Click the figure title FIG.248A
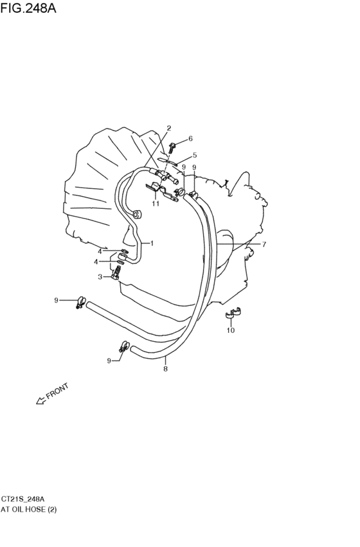point(28,8)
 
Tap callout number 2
point(169,128)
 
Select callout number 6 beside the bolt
point(190,138)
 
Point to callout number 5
point(195,155)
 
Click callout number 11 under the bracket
point(156,203)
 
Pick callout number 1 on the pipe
point(152,243)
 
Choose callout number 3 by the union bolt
point(100,277)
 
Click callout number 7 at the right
point(264,244)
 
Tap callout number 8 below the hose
point(165,368)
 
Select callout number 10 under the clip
point(231,330)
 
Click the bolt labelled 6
point(172,147)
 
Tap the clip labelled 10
point(233,312)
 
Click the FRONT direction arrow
point(41,400)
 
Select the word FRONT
point(57,391)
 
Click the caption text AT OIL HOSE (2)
point(28,510)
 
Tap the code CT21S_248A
point(22,499)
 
